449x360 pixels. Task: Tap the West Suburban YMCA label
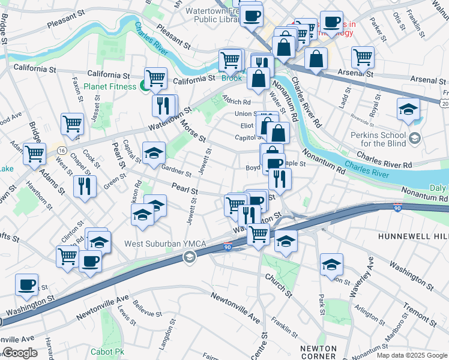(x=152, y=244)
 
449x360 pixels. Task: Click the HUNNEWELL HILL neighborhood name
(x=413, y=237)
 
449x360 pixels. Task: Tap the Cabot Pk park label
(x=107, y=352)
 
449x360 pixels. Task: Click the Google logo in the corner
(x=20, y=353)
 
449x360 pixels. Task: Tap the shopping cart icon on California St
(x=155, y=77)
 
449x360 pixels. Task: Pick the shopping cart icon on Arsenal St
(x=363, y=58)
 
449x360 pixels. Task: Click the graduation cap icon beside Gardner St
(x=154, y=153)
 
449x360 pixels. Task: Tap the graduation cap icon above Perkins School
(x=408, y=109)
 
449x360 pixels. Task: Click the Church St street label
(x=278, y=287)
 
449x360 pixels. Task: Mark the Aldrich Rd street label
(x=236, y=102)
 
